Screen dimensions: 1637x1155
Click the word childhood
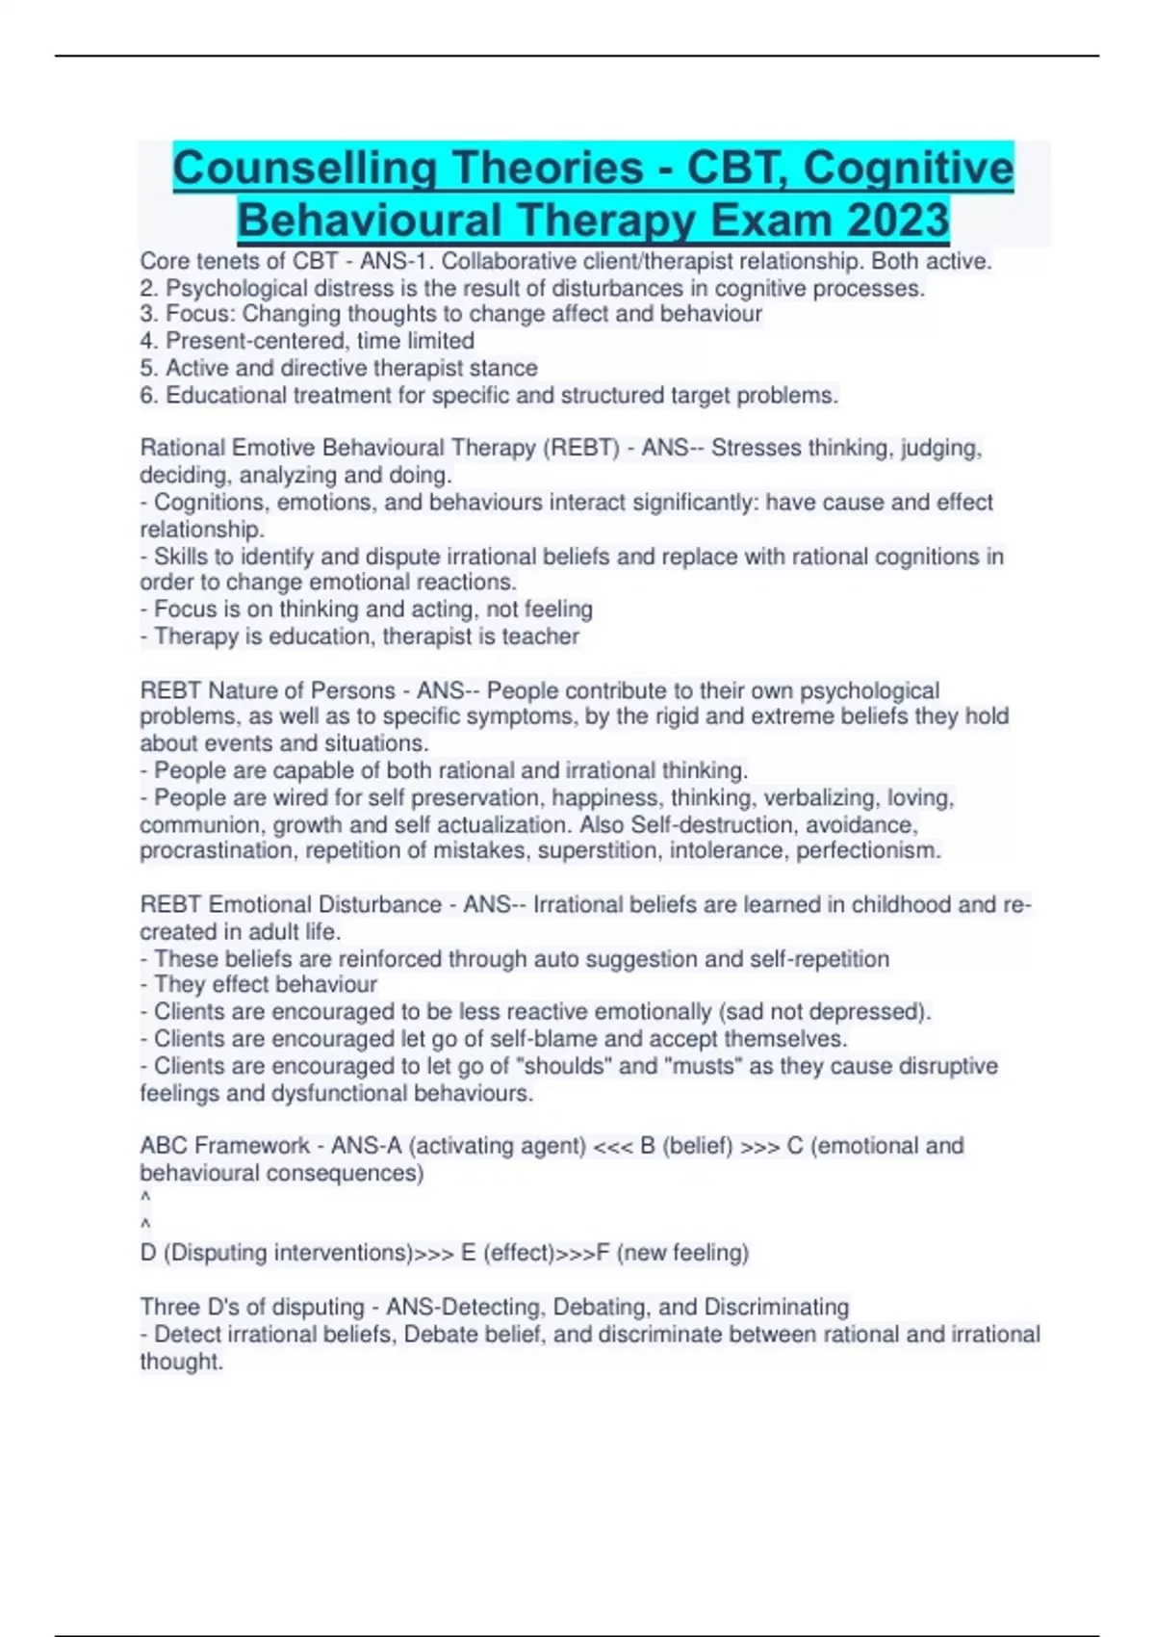point(901,905)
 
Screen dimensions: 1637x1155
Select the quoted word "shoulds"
point(565,1067)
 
